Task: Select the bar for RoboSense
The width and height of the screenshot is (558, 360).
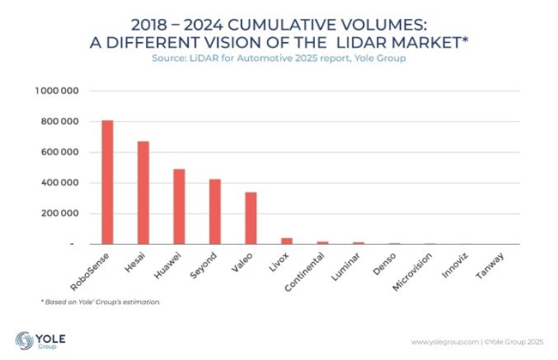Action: pos(107,182)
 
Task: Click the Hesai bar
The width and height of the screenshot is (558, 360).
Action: pos(143,192)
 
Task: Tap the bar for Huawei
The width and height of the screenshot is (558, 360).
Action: pos(179,206)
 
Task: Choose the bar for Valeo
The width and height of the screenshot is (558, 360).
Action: pos(251,218)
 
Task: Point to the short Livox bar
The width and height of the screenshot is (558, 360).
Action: pos(287,241)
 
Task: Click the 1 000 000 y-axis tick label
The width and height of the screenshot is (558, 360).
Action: pos(58,90)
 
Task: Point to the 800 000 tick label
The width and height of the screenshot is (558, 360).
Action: pos(61,121)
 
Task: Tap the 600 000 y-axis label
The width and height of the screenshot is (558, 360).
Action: pos(61,152)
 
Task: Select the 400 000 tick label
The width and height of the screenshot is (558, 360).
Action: pos(61,183)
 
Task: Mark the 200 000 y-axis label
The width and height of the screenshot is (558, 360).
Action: pos(61,214)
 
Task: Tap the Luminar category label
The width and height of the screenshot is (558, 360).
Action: pos(344,267)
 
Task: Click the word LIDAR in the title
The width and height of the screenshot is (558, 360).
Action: pos(378,41)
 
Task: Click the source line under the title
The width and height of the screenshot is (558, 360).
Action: pos(279,58)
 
